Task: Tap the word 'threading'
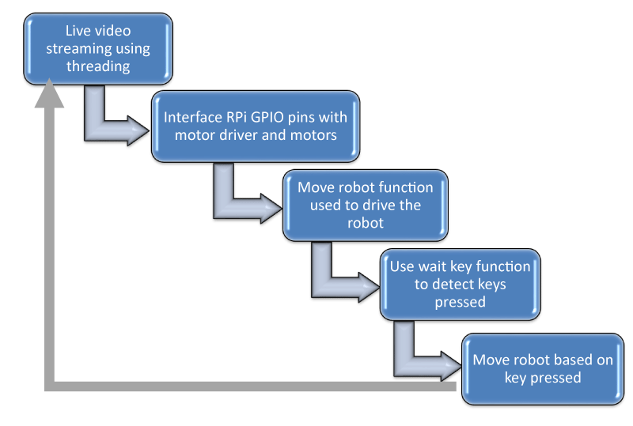point(98,66)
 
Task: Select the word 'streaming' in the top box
point(73,49)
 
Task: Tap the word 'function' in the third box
point(409,187)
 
